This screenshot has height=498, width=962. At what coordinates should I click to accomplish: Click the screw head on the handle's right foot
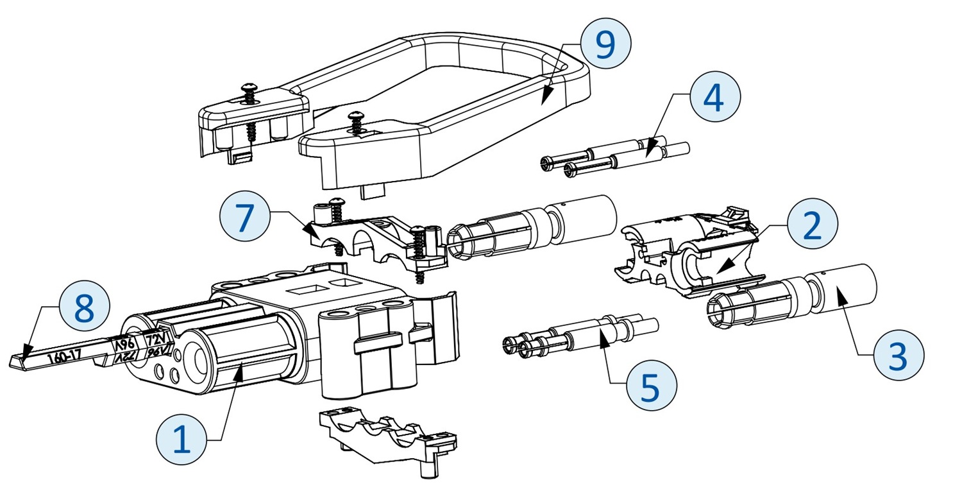click(x=354, y=116)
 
